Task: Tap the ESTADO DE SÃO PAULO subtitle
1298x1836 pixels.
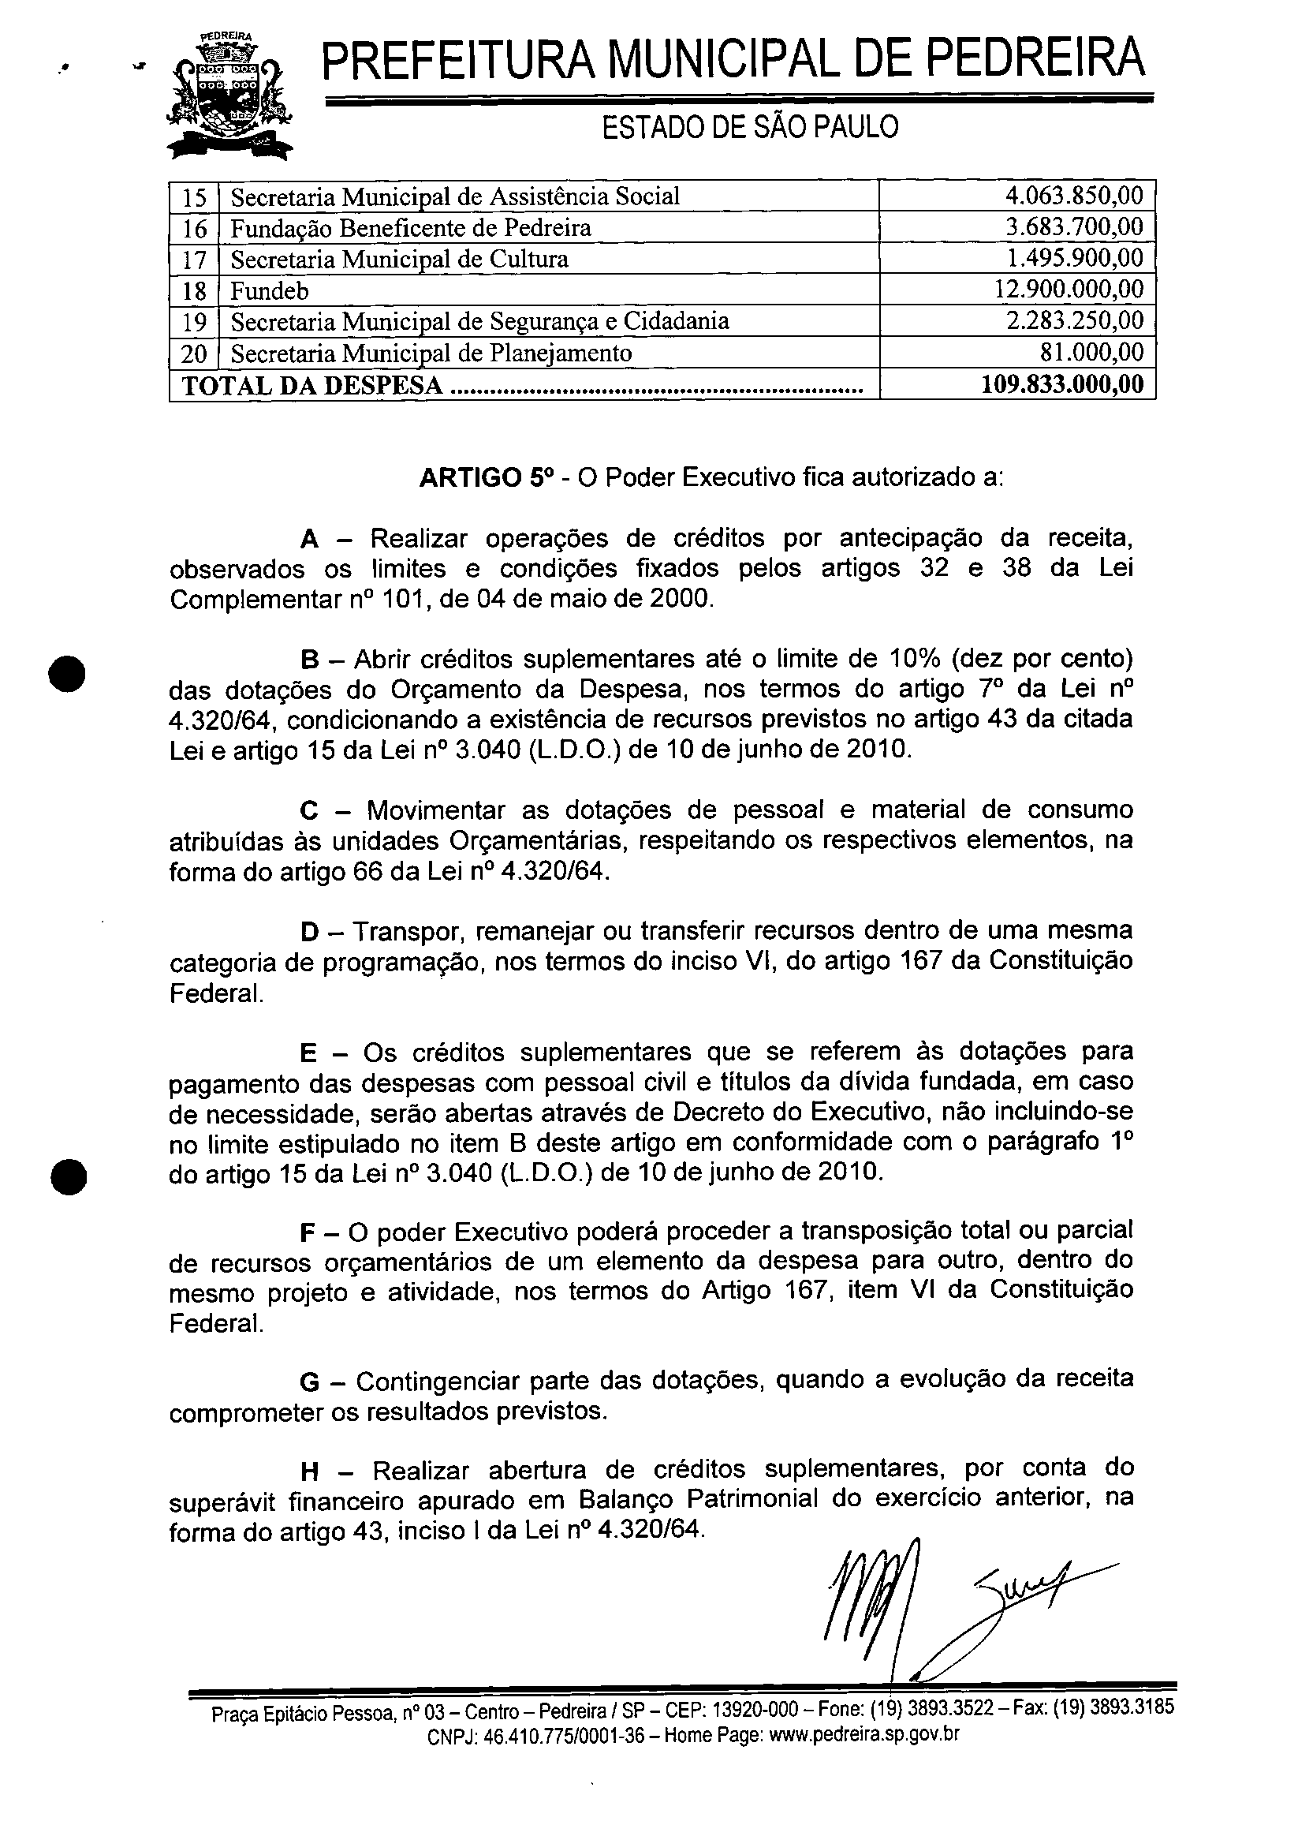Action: (750, 126)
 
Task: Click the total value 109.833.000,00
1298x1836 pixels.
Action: (1062, 384)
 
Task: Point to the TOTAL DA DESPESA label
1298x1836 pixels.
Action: (312, 386)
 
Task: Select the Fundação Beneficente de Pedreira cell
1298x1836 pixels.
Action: (411, 229)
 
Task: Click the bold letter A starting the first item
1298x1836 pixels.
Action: (310, 540)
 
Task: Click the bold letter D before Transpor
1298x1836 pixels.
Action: (309, 932)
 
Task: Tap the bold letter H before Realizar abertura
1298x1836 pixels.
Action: (310, 1471)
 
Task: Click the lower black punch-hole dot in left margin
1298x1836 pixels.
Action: (69, 1176)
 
